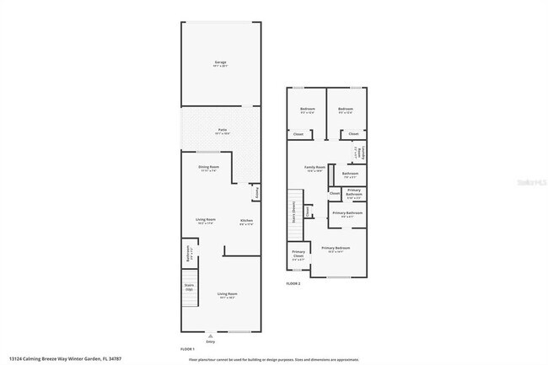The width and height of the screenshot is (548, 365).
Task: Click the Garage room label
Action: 219,62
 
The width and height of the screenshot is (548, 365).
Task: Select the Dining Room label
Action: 209,168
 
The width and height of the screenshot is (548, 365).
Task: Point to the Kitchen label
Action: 246,222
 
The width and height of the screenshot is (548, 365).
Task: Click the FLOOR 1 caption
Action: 187,349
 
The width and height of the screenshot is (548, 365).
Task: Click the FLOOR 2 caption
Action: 293,284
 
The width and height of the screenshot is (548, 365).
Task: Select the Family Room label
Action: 315,168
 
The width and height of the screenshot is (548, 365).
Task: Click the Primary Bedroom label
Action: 336,248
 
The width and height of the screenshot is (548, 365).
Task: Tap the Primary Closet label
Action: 298,254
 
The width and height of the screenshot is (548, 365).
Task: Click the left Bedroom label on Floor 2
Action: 307,109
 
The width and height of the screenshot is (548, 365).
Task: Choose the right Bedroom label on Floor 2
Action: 346,109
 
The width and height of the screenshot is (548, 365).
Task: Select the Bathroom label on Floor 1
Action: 187,255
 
